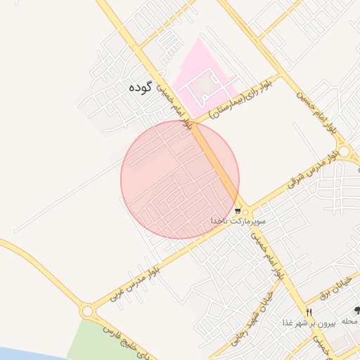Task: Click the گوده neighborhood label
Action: point(141,89)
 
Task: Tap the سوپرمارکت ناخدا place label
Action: point(239,221)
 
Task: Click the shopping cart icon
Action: point(238,210)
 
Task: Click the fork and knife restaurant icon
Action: point(309,312)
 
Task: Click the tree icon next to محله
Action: point(357,310)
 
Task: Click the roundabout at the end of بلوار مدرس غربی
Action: point(88,310)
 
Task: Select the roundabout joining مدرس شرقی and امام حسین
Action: point(343,152)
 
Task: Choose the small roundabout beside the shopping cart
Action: point(245,212)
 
